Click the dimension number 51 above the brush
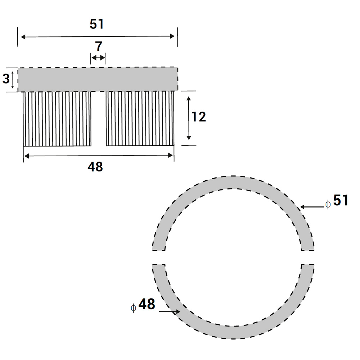pyautogui.click(x=96, y=24)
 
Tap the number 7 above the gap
pyautogui.click(x=99, y=47)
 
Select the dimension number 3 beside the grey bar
pyautogui.click(x=6, y=79)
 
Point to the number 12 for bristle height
pyautogui.click(x=198, y=117)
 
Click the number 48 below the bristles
pyautogui.click(x=95, y=167)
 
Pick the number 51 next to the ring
pyautogui.click(x=341, y=201)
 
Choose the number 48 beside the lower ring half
pyautogui.click(x=147, y=305)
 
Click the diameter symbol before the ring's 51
pyautogui.click(x=328, y=204)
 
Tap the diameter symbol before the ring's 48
pyautogui.click(x=134, y=308)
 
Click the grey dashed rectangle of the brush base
pyautogui.click(x=98, y=79)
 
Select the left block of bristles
pyautogui.click(x=57, y=119)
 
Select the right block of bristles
pyautogui.click(x=140, y=119)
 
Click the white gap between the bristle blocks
pyautogui.click(x=98, y=119)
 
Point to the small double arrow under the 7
pyautogui.click(x=98, y=58)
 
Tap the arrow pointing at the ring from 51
pyautogui.click(x=312, y=207)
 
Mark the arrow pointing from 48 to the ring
pyautogui.click(x=169, y=311)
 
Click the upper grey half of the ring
pyautogui.click(x=233, y=183)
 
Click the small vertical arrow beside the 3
pyautogui.click(x=13, y=80)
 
